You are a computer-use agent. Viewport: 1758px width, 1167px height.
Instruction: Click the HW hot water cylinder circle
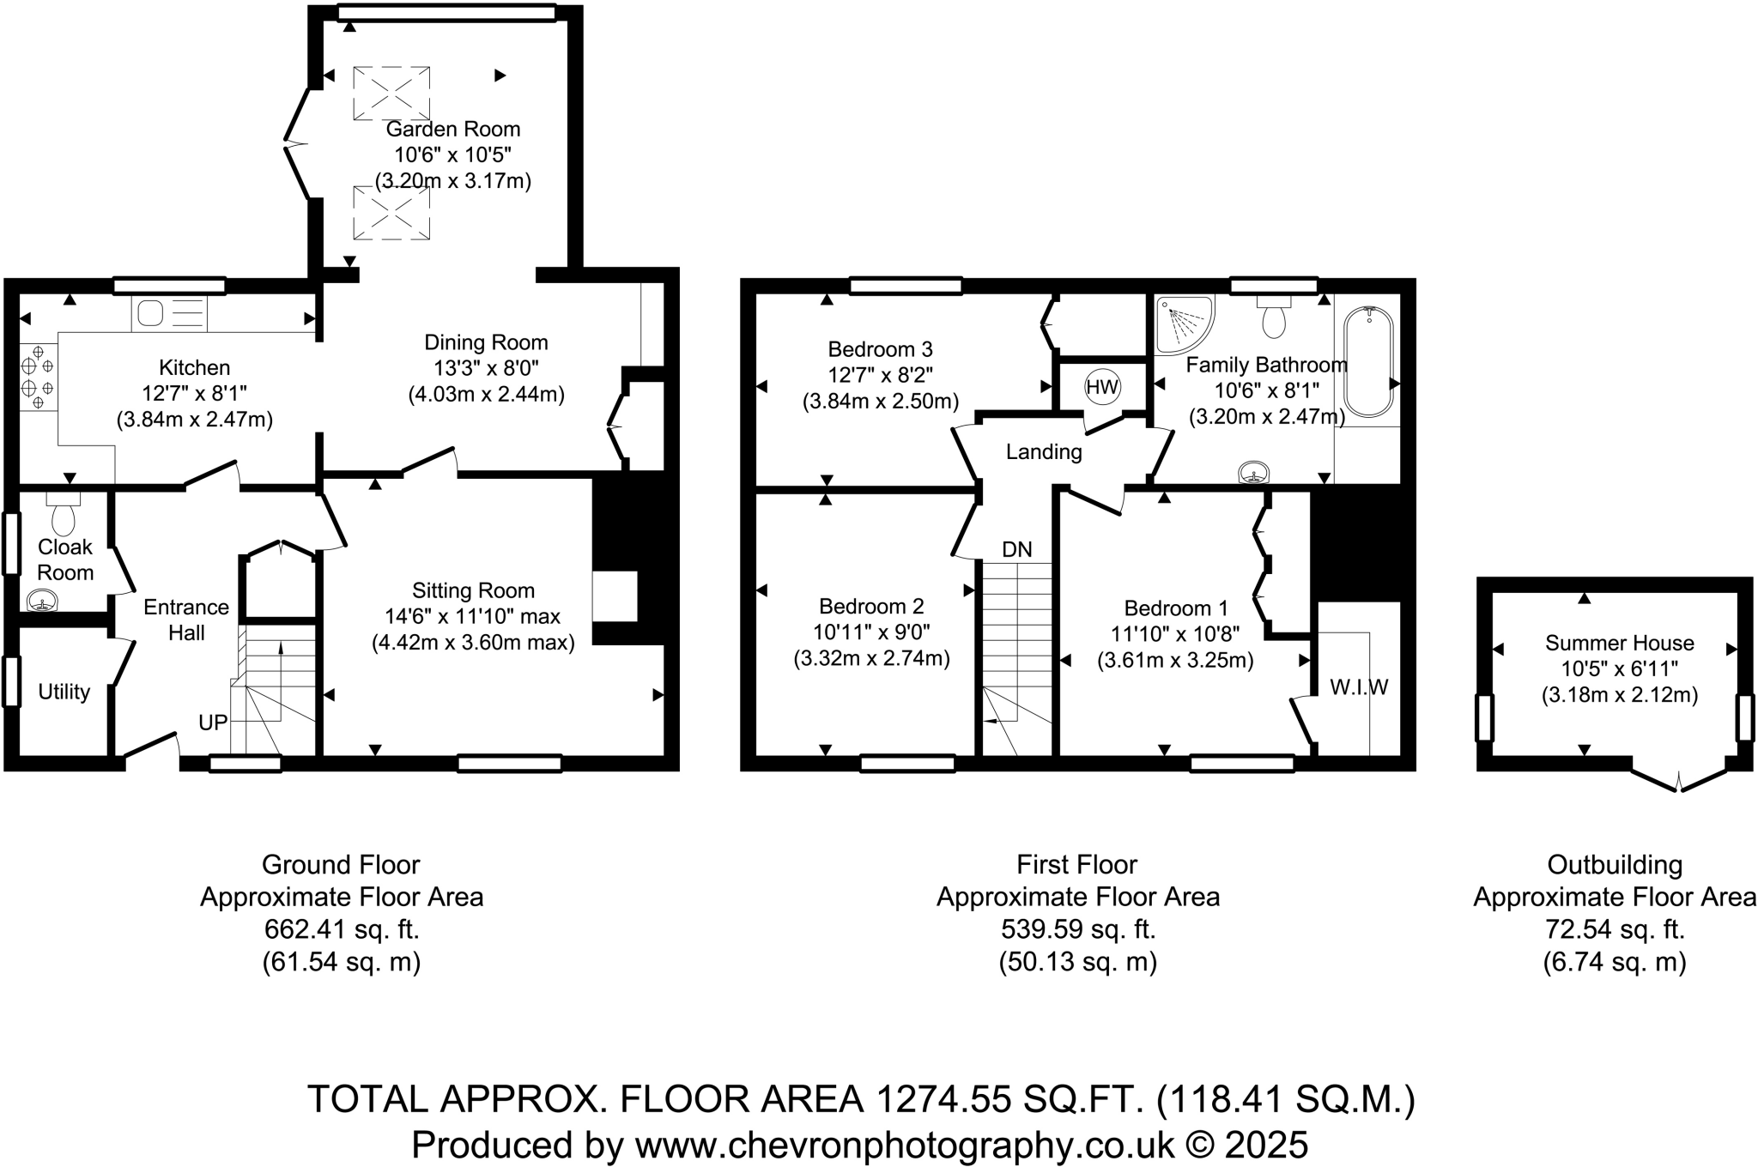point(1102,387)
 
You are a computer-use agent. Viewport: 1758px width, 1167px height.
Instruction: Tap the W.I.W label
point(1359,686)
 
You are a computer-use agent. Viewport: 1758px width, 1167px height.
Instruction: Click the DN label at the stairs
point(1017,549)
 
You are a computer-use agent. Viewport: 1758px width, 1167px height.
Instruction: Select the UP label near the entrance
point(213,723)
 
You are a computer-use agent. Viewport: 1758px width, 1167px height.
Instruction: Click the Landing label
point(1044,451)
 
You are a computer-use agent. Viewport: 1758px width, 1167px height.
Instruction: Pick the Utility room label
point(64,692)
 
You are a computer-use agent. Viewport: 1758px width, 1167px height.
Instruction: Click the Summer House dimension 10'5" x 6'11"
point(1619,668)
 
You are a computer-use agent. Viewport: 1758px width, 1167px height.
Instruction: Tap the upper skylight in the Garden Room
point(391,93)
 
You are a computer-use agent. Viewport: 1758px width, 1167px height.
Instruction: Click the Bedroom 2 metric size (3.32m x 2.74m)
point(871,659)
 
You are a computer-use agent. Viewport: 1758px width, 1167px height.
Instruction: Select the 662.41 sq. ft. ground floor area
point(342,929)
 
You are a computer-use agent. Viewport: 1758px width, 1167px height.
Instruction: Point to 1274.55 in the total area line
point(943,1099)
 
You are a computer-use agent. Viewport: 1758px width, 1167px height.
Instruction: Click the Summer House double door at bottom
point(1679,779)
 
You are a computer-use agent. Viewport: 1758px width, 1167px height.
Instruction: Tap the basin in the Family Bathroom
point(1255,473)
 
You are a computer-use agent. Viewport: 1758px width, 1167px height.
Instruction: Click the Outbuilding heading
point(1614,864)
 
